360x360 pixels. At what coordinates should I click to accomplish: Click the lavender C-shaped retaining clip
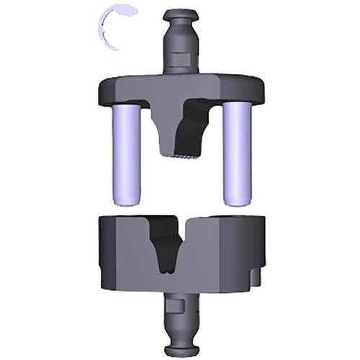(104, 26)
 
